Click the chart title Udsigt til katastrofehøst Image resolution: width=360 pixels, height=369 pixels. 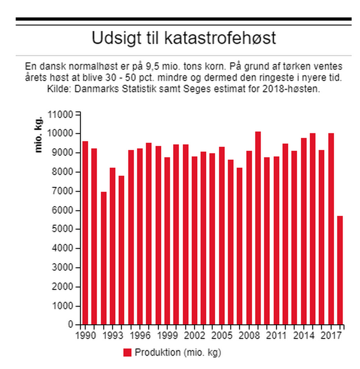(x=184, y=38)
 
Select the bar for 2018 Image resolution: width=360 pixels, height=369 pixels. (x=340, y=270)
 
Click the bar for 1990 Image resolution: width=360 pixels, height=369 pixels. (x=85, y=232)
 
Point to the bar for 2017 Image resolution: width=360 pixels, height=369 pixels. (x=331, y=229)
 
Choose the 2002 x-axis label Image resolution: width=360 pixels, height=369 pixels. (x=194, y=335)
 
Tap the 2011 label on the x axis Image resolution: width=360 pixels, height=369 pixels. (x=276, y=335)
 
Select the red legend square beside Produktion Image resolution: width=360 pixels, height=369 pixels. (x=127, y=352)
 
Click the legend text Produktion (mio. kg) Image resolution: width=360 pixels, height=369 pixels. (x=178, y=352)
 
